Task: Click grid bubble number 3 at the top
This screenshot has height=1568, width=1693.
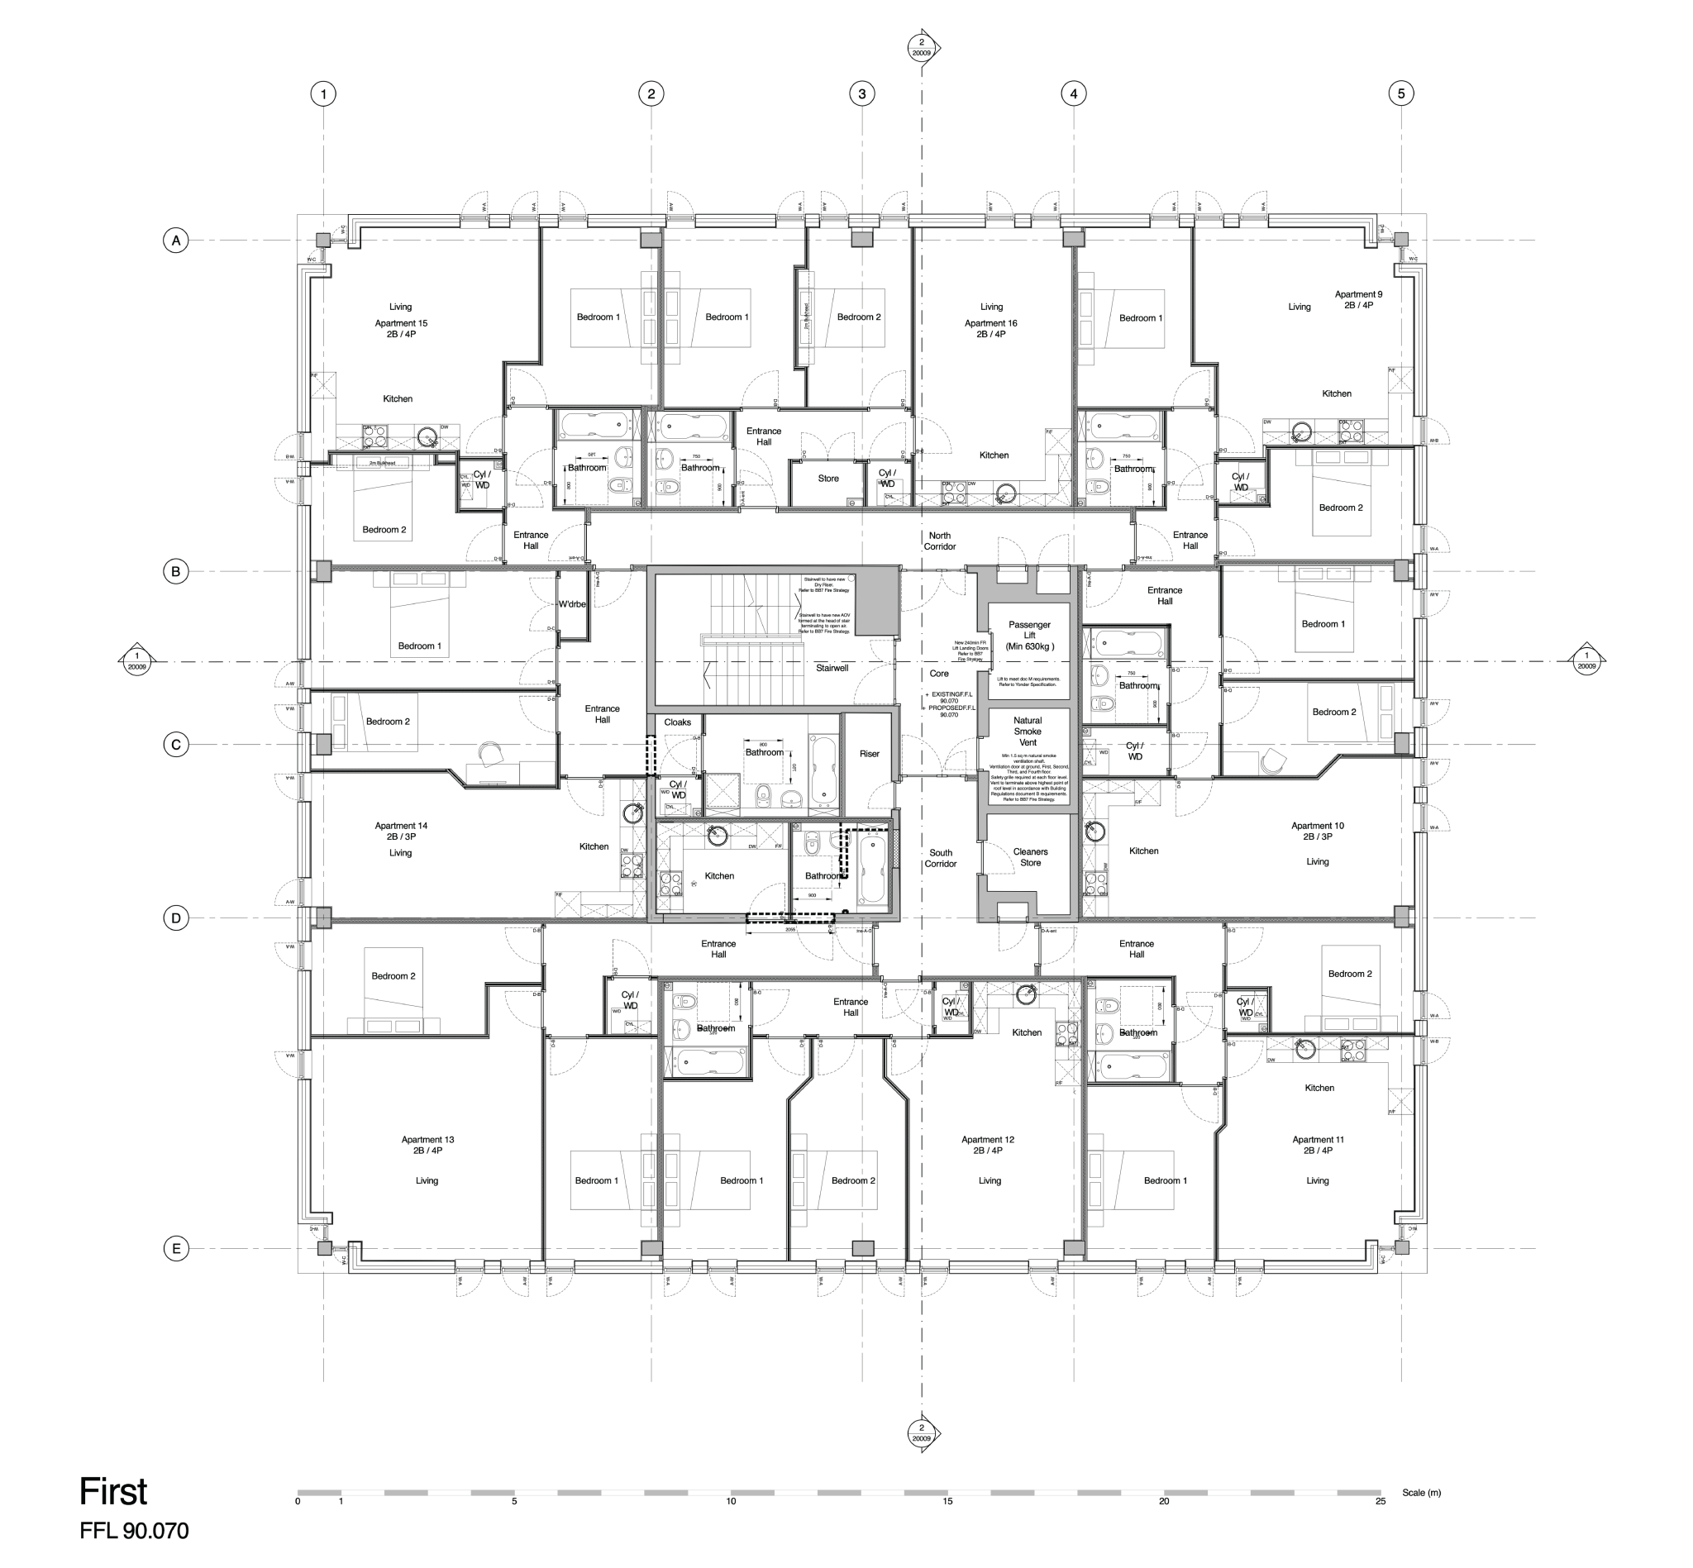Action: (861, 93)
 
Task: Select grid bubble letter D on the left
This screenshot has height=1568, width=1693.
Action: (175, 917)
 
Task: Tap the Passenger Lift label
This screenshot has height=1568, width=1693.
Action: (1029, 635)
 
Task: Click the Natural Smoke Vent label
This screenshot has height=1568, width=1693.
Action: (1027, 731)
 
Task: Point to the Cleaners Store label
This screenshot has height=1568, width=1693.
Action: (1030, 857)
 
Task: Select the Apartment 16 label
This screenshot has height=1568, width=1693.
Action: (990, 323)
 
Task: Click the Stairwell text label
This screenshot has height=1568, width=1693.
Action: (832, 668)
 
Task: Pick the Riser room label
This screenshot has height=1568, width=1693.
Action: (869, 754)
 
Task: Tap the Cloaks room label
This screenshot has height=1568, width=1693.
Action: (677, 722)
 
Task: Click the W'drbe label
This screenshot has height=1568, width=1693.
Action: (572, 604)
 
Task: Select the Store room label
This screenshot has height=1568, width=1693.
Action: (827, 479)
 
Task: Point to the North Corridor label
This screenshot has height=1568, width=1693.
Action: (939, 541)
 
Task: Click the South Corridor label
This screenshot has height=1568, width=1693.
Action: (940, 858)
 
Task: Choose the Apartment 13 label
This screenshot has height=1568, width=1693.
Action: (427, 1140)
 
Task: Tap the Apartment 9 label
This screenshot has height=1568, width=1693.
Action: (1358, 294)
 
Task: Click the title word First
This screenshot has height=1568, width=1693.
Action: (113, 1491)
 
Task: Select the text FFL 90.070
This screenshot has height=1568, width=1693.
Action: (134, 1531)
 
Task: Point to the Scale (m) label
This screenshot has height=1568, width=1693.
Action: (1420, 1493)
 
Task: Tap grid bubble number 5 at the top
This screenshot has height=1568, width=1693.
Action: (1400, 93)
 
